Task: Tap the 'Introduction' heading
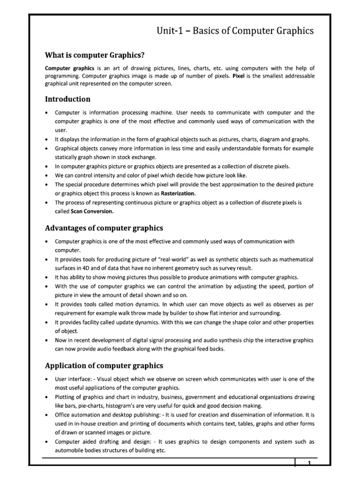coord(67,99)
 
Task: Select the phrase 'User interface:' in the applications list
coord(72,379)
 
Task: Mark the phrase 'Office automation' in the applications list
coord(75,414)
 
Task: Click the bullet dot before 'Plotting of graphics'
coord(47,397)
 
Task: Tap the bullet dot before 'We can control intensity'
coord(47,175)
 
